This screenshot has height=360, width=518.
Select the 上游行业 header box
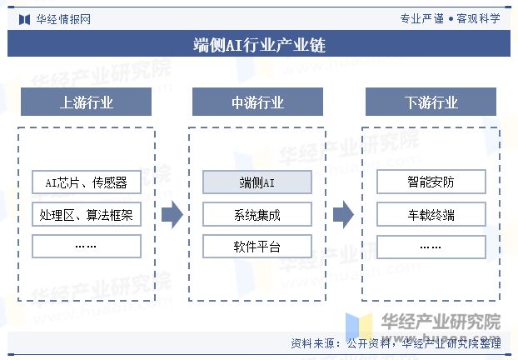(86, 102)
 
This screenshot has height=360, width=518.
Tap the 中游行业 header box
(257, 102)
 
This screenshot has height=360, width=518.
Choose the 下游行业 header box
(431, 102)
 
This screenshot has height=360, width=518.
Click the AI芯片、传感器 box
(86, 182)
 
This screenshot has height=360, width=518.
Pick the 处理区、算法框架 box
(86, 215)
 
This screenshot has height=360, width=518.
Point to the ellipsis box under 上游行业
(86, 247)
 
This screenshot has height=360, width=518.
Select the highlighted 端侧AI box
(257, 182)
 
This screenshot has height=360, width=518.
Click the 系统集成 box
(257, 215)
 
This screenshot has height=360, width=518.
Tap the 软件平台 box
(257, 247)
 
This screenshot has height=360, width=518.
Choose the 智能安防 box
(431, 182)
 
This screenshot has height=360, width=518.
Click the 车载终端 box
(431, 215)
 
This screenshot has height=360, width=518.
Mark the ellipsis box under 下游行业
(431, 247)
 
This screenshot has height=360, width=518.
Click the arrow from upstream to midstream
(172, 215)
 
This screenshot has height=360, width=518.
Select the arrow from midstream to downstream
(343, 215)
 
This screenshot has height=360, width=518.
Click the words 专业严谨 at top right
(422, 17)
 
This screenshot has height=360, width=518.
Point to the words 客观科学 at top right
(478, 17)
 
